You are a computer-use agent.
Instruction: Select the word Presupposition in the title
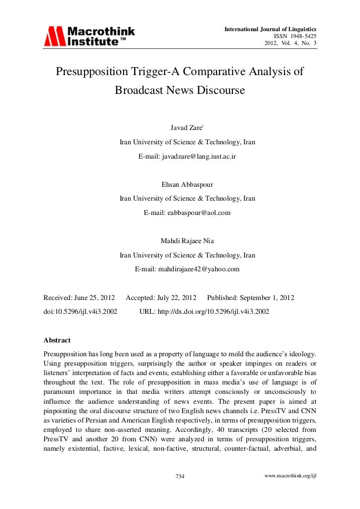(x=91, y=72)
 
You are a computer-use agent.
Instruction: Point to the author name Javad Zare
(x=186, y=127)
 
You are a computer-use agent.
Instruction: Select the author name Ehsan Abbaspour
(x=187, y=185)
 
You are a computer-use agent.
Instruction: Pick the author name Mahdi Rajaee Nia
(x=187, y=241)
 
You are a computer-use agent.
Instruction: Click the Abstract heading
(x=57, y=340)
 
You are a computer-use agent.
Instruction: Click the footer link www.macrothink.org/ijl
(x=290, y=475)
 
